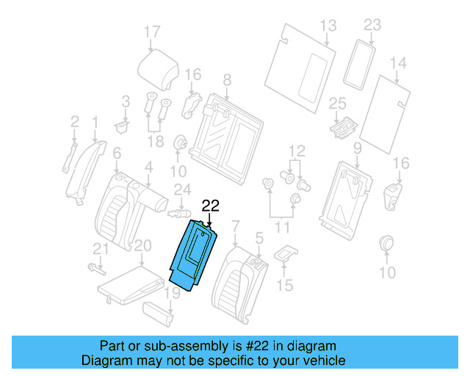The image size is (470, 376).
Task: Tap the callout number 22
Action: [x=211, y=207]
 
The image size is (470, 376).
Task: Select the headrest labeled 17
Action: [x=159, y=68]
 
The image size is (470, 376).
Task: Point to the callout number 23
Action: [x=373, y=25]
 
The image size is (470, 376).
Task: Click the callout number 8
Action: [x=227, y=79]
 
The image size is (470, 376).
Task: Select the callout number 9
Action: [x=357, y=149]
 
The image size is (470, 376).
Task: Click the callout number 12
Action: [x=296, y=151]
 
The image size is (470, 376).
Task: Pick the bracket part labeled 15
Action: [x=285, y=253]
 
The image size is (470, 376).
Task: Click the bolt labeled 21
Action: [x=93, y=266]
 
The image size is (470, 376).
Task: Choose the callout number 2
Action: [x=74, y=120]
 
